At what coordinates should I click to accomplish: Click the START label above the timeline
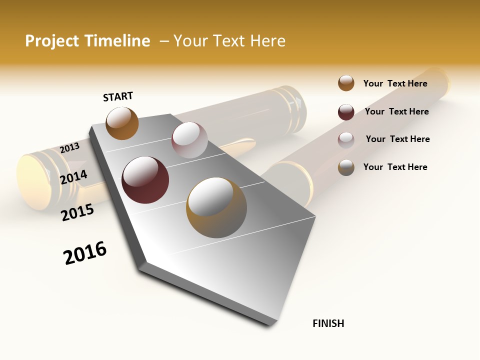coord(118,96)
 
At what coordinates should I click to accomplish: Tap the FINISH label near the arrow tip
coord(328,323)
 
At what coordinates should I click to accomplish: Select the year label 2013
coord(69,147)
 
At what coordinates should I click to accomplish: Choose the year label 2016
coord(85,253)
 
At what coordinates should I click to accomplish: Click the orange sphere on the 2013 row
coord(122,123)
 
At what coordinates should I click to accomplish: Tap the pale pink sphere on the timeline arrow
coord(189,140)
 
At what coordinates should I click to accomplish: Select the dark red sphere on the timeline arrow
coord(145,180)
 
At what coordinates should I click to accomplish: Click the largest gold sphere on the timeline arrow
coord(216,207)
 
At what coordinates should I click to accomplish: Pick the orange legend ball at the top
coord(346,83)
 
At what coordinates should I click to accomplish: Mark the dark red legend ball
coord(346,112)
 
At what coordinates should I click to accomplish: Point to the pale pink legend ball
coord(346,139)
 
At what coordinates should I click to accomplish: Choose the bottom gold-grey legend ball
coord(346,167)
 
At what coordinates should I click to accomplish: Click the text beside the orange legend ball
coord(395,83)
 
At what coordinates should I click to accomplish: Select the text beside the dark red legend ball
coord(396,111)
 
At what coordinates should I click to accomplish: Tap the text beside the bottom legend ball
coord(395,167)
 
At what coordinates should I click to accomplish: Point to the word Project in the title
coord(52,41)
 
